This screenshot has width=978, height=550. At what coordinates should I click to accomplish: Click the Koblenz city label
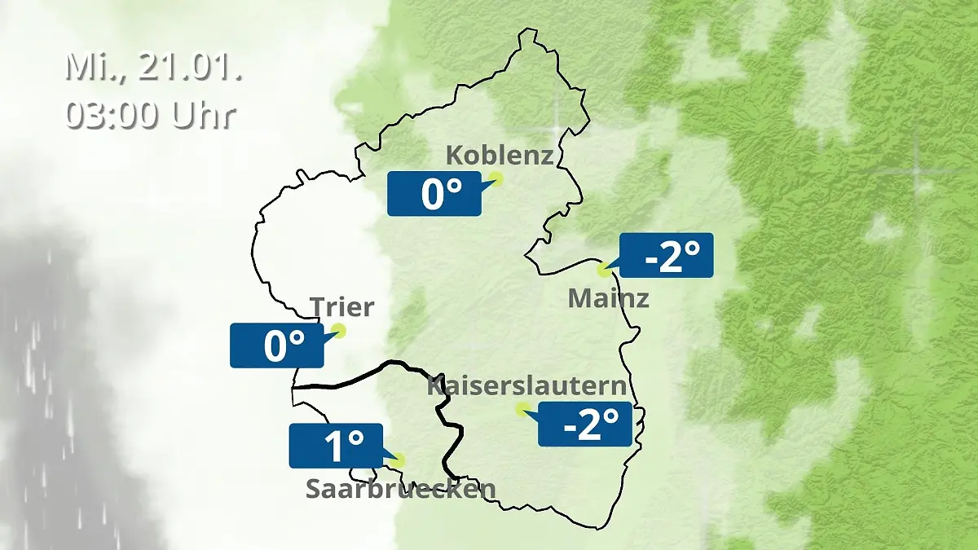pyautogui.click(x=500, y=155)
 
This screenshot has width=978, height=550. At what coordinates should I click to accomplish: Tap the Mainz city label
pyautogui.click(x=608, y=298)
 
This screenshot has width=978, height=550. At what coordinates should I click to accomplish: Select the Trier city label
pyautogui.click(x=341, y=307)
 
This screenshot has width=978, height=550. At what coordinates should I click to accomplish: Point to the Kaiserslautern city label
pyautogui.click(x=527, y=385)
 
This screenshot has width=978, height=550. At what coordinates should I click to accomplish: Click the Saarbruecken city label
pyautogui.click(x=400, y=488)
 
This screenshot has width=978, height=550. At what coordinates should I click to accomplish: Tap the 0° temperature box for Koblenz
pyautogui.click(x=434, y=194)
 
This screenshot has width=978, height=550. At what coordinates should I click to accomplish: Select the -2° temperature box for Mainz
pyautogui.click(x=667, y=255)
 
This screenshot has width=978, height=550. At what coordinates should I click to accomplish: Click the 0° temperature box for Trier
pyautogui.click(x=277, y=345)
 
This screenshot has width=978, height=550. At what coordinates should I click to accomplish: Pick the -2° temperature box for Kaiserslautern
pyautogui.click(x=585, y=424)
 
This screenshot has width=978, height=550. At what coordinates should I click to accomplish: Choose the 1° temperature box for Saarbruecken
pyautogui.click(x=336, y=446)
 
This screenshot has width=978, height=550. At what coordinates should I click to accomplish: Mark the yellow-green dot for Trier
pyautogui.click(x=337, y=330)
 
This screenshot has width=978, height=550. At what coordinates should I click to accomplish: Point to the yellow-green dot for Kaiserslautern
pyautogui.click(x=522, y=409)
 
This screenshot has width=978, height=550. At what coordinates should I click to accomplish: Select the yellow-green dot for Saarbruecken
pyautogui.click(x=397, y=460)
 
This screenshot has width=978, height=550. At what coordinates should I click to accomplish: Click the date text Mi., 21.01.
pyautogui.click(x=154, y=68)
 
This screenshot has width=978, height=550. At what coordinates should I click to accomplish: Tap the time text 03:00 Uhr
pyautogui.click(x=151, y=115)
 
